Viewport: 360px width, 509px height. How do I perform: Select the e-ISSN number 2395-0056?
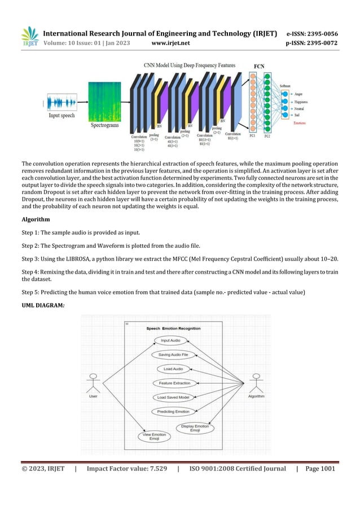pyautogui.click(x=322, y=32)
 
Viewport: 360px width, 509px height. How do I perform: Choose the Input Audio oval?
pyautogui.click(x=171, y=341)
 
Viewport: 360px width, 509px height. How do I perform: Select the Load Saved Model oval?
pyautogui.click(x=173, y=397)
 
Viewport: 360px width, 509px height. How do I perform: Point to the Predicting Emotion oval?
pyautogui.click(x=173, y=411)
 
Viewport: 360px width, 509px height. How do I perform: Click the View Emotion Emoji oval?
pyautogui.click(x=154, y=436)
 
